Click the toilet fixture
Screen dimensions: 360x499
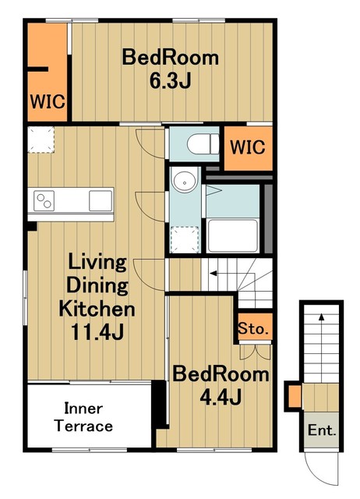coord(203,143)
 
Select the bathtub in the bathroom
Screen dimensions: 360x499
coord(232,235)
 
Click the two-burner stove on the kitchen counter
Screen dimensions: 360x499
coord(44,200)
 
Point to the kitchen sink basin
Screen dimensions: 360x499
coord(101,200)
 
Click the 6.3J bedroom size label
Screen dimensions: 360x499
coord(171,81)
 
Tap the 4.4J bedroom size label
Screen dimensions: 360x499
coord(221,397)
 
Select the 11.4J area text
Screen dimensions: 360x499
coord(97,332)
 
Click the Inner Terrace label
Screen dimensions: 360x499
coord(83,417)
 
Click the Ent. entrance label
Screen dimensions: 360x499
coord(322,430)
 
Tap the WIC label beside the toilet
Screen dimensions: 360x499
coord(248,147)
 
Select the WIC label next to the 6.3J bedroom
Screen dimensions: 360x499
coord(48,101)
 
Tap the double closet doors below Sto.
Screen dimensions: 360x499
coord(255,352)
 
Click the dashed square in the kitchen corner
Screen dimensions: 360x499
coord(41,140)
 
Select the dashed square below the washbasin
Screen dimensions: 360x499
coord(185,239)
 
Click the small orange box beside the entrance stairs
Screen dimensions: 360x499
coord(295,396)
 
